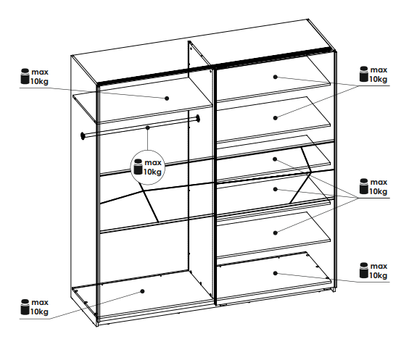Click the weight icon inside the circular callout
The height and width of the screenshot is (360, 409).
pyautogui.click(x=138, y=167)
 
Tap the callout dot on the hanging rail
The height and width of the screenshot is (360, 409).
pyautogui.click(x=148, y=127)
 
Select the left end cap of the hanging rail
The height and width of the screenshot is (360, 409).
pyautogui.click(x=83, y=135)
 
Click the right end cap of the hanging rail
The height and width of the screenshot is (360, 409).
pyautogui.click(x=198, y=119)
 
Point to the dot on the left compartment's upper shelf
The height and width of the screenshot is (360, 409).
pyautogui.click(x=167, y=99)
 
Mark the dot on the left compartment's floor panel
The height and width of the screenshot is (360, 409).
pyautogui.click(x=142, y=291)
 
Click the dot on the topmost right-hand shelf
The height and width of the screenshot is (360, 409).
pyautogui.click(x=275, y=77)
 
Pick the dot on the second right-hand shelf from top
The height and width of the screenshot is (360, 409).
pyautogui.click(x=275, y=118)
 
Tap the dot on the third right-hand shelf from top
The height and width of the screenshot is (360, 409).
pyautogui.click(x=275, y=159)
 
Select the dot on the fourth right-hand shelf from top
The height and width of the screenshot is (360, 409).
pyautogui.click(x=275, y=189)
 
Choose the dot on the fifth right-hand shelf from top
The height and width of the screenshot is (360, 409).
pyautogui.click(x=275, y=233)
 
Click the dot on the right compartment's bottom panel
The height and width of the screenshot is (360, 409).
pyautogui.click(x=275, y=273)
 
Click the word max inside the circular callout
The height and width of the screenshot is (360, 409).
pyautogui.click(x=153, y=162)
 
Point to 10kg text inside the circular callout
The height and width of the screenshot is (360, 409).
pyautogui.click(x=152, y=172)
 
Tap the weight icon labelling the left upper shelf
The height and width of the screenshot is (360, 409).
pyautogui.click(x=25, y=76)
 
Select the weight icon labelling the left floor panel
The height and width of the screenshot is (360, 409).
pyautogui.click(x=25, y=307)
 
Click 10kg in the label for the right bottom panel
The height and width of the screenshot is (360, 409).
pyautogui.click(x=379, y=275)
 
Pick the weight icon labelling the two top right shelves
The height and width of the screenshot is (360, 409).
pyautogui.click(x=364, y=74)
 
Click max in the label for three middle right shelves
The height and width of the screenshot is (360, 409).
pyautogui.click(x=379, y=182)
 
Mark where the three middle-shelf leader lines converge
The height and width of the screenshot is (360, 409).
pyautogui.click(x=359, y=198)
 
